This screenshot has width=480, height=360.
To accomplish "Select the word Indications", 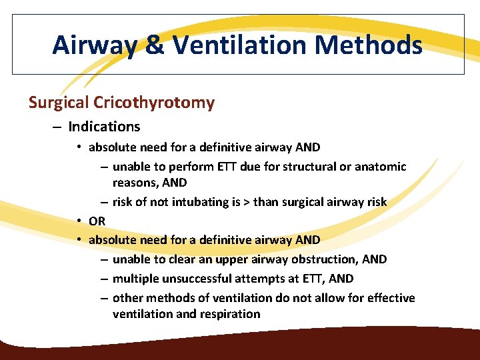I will pyautogui.click(x=104, y=127).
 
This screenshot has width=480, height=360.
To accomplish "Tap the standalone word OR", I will pyautogui.click(x=97, y=221).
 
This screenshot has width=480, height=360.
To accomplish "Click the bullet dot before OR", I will pyautogui.click(x=79, y=221).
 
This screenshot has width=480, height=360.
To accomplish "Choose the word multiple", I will pyautogui.click(x=135, y=279).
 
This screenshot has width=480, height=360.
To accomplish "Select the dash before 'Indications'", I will pyautogui.click(x=56, y=127).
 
